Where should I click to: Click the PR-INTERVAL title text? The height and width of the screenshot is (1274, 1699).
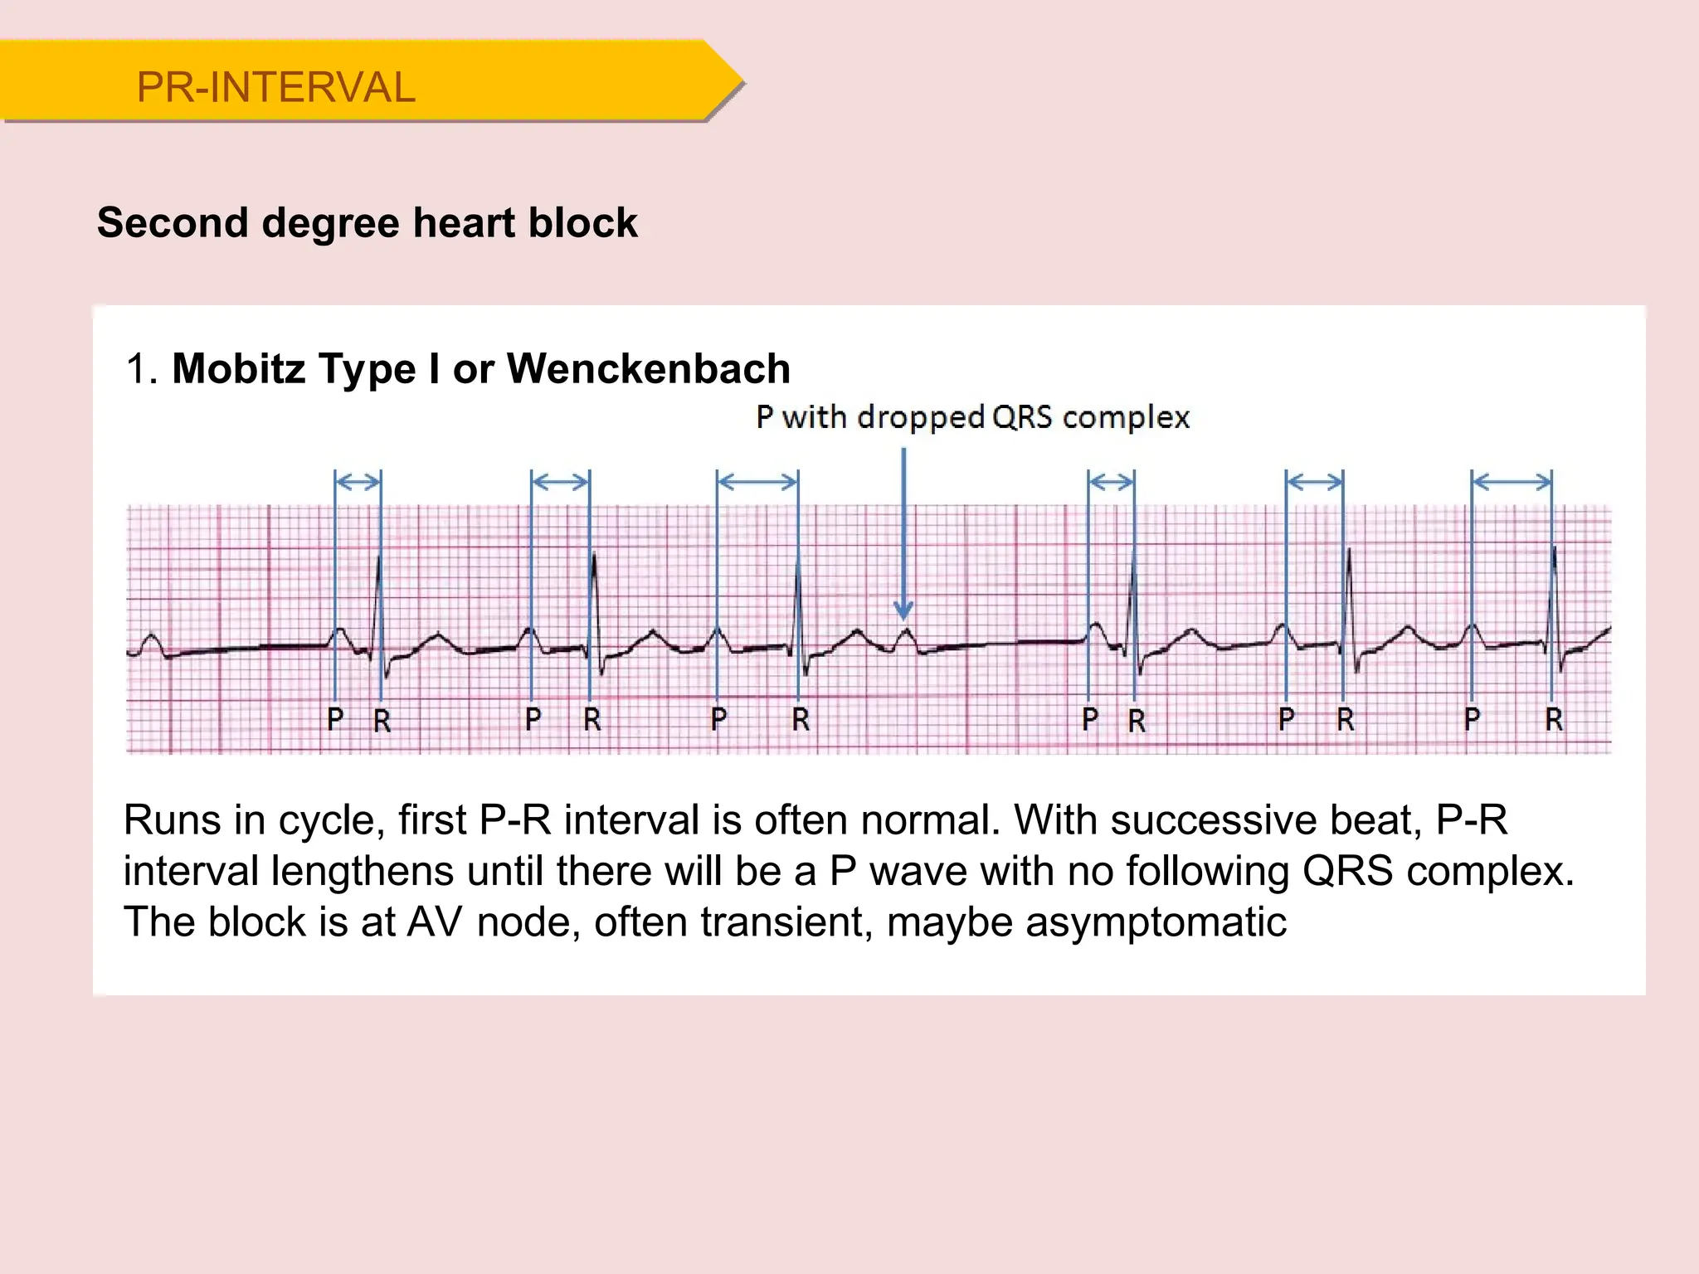tap(275, 87)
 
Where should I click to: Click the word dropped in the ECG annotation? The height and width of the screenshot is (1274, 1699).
tap(920, 416)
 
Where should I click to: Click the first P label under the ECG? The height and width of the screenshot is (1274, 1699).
tap(335, 719)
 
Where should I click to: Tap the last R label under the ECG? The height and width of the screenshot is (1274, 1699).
tap(1554, 719)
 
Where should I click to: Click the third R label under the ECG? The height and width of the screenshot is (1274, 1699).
tap(801, 719)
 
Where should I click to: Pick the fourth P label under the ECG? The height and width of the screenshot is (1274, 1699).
tap(1090, 719)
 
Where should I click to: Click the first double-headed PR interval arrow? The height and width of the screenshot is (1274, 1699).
tap(358, 481)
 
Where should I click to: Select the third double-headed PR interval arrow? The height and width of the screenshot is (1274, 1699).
tap(757, 481)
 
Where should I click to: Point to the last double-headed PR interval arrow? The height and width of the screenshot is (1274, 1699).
tap(1512, 481)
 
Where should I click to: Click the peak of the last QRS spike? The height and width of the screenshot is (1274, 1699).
tap(1554, 547)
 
